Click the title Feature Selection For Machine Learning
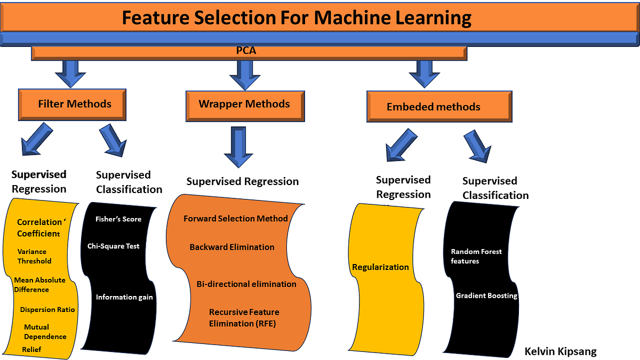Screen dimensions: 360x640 (297, 18)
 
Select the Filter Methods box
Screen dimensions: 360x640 (74, 103)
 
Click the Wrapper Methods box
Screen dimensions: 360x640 (244, 103)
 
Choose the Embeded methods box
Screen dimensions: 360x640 (433, 107)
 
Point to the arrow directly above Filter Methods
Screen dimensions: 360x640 (70, 74)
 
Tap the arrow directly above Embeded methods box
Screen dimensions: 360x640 (425, 74)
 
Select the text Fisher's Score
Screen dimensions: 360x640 (118, 219)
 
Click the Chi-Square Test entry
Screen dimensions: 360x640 (114, 246)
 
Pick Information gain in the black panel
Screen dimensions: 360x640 (124, 297)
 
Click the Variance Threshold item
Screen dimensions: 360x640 (34, 256)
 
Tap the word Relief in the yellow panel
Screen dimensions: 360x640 (31, 349)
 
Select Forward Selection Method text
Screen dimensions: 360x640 (236, 218)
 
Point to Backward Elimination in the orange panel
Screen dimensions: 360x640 (232, 247)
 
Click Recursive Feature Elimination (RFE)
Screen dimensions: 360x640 (244, 317)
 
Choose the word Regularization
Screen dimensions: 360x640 (380, 267)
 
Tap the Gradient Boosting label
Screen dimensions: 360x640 (486, 295)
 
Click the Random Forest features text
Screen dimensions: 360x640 (476, 256)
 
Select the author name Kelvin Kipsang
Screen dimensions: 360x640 (560, 351)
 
